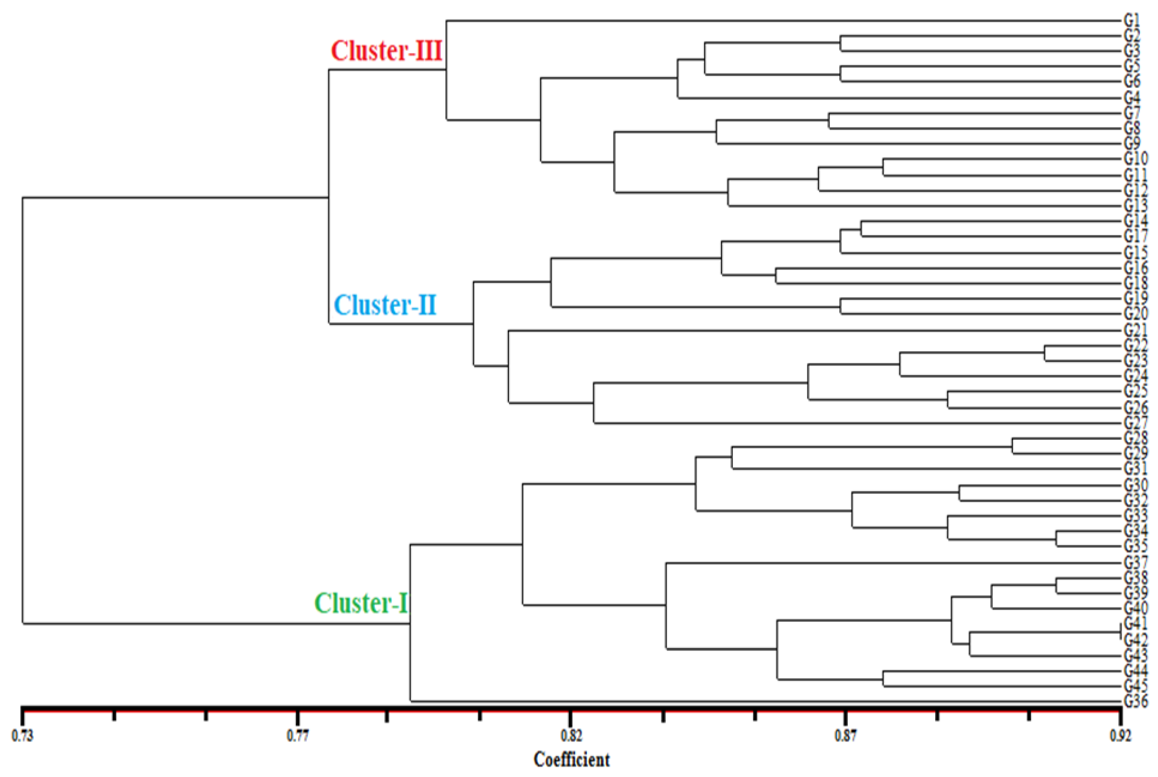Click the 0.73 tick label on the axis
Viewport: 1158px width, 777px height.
click(22, 736)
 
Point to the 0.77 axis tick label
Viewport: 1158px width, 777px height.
click(297, 736)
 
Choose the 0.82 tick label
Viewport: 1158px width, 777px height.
click(571, 736)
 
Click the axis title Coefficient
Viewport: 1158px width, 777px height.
click(571, 760)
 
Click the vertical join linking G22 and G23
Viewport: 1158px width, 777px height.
click(1045, 353)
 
